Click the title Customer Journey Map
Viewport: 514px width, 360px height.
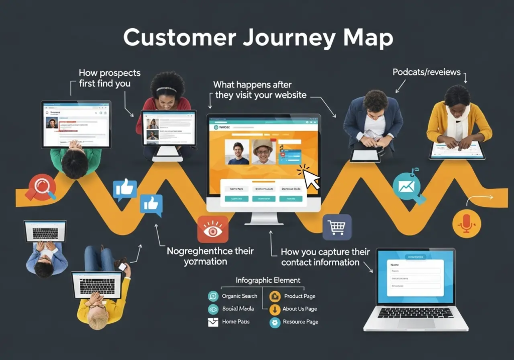258,39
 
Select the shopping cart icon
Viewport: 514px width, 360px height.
336,227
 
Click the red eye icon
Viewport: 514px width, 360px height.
213,229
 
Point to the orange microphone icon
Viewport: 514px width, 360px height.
466,223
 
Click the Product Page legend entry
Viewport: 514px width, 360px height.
299,296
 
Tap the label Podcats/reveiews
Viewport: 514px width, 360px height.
426,72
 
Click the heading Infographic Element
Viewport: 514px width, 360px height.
268,280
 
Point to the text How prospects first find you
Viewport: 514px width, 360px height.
109,78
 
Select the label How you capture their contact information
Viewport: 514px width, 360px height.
325,257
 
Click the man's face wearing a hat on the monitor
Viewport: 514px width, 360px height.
263,151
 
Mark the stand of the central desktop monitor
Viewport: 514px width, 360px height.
264,218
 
